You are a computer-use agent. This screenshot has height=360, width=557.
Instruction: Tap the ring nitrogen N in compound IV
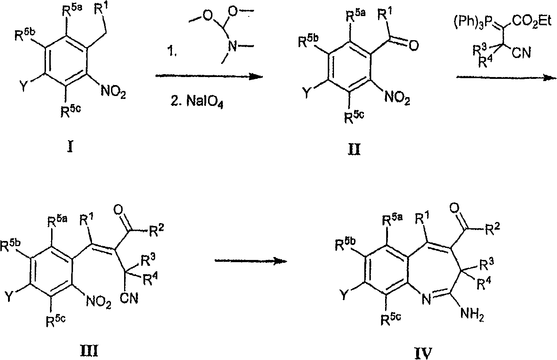(426, 299)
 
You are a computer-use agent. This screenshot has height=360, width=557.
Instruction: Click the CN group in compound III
(129, 298)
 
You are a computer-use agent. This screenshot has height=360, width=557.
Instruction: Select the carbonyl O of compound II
(413, 46)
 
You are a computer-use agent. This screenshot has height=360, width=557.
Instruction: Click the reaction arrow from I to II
(209, 76)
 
